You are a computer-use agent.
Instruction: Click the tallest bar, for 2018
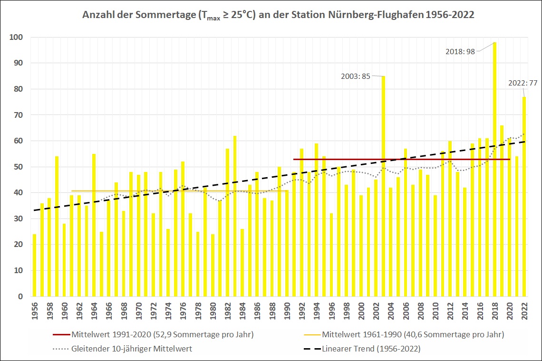494,171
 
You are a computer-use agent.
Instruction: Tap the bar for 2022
524,199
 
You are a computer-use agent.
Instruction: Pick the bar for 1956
34,266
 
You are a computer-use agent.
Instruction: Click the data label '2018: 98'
460,51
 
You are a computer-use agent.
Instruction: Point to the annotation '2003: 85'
355,76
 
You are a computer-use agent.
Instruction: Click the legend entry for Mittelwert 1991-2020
162,334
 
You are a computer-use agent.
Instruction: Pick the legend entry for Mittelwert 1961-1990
412,334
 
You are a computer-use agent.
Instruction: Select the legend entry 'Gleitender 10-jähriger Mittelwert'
131,349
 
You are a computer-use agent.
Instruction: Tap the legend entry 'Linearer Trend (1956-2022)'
371,349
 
